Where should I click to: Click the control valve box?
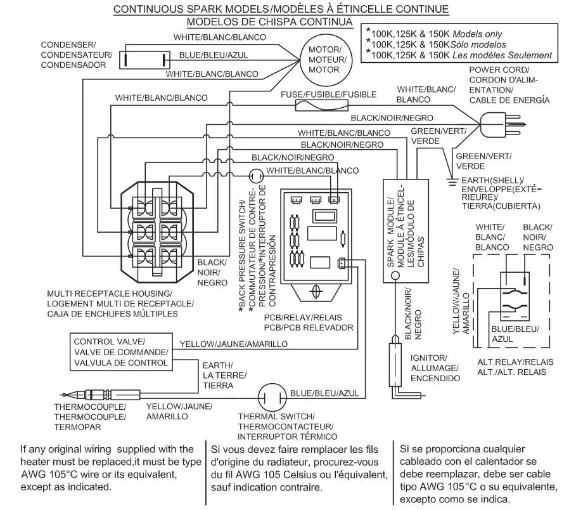[120, 352]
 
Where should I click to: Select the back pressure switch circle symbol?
[255, 173]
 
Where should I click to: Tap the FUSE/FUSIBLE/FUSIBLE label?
[328, 95]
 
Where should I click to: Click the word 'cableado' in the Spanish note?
[420, 461]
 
